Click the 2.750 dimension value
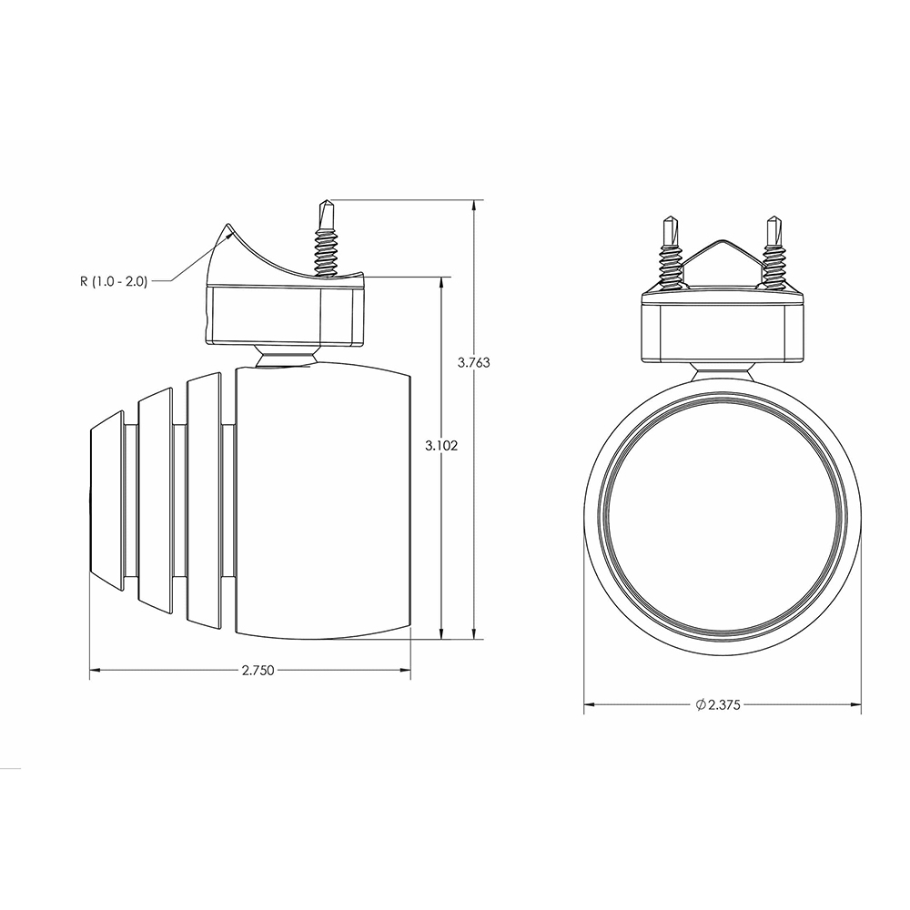pyautogui.click(x=258, y=671)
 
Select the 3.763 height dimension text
pyautogui.click(x=473, y=363)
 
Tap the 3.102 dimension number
pyautogui.click(x=441, y=446)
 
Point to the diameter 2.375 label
pyautogui.click(x=718, y=704)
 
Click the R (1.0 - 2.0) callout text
pyautogui.click(x=114, y=281)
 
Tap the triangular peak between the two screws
pyautogui.click(x=722, y=240)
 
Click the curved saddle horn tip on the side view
pyautogui.click(x=227, y=227)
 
